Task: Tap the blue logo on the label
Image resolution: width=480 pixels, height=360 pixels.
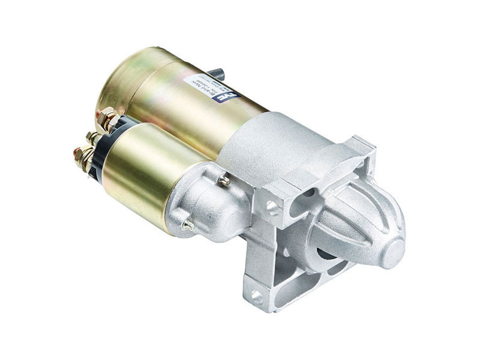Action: pyautogui.click(x=233, y=94)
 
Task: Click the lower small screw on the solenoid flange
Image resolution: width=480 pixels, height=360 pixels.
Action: pyautogui.click(x=188, y=226)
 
